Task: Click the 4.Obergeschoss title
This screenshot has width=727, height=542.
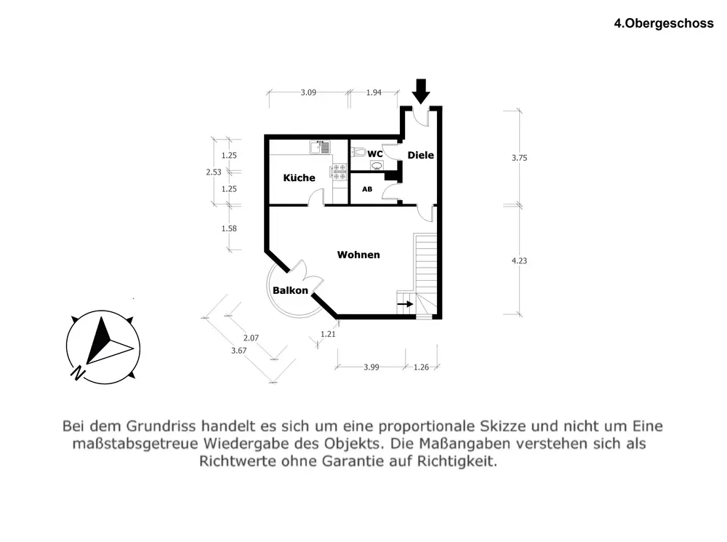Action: pyautogui.click(x=664, y=23)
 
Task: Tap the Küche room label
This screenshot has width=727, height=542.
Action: pyautogui.click(x=299, y=178)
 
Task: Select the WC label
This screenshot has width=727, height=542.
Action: pyautogui.click(x=375, y=154)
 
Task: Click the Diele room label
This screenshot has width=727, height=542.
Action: pyautogui.click(x=420, y=155)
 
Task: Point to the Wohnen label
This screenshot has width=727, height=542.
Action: pyautogui.click(x=358, y=255)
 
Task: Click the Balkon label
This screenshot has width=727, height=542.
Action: pyautogui.click(x=291, y=291)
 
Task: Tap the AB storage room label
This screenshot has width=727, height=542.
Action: pyautogui.click(x=367, y=189)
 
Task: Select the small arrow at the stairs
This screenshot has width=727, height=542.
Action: pyautogui.click(x=406, y=304)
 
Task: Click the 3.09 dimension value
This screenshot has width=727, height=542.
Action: pyautogui.click(x=309, y=92)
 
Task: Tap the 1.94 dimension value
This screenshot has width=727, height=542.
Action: pyautogui.click(x=374, y=92)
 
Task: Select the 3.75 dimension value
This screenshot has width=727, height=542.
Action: pyautogui.click(x=519, y=157)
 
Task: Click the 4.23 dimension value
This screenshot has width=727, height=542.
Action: pyautogui.click(x=519, y=260)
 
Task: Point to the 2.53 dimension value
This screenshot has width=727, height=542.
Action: pyautogui.click(x=214, y=172)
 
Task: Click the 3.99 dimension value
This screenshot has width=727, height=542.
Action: pyautogui.click(x=371, y=367)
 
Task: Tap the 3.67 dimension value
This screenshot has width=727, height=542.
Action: pyautogui.click(x=238, y=351)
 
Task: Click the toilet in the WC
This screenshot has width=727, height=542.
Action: pyautogui.click(x=357, y=152)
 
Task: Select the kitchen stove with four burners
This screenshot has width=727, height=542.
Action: pyautogui.click(x=339, y=172)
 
